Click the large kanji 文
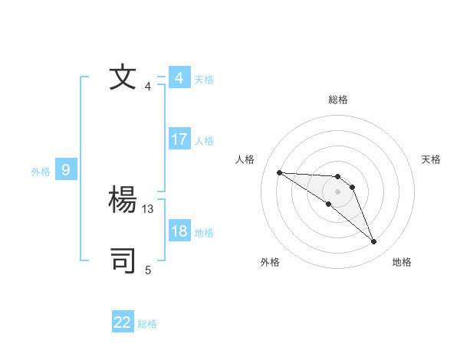123,78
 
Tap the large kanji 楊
123,201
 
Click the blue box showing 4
179,78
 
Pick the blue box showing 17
179,139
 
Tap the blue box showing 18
179,231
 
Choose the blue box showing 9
66,170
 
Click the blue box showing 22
123,322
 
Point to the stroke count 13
148,208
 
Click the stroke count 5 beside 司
148,270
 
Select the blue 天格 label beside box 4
204,80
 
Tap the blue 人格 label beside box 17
204,141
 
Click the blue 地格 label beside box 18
204,233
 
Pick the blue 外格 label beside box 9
41,172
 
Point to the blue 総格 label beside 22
147,324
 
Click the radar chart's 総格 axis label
338,100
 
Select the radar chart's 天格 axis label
431,159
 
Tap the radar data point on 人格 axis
279,172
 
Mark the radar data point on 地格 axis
374,242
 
